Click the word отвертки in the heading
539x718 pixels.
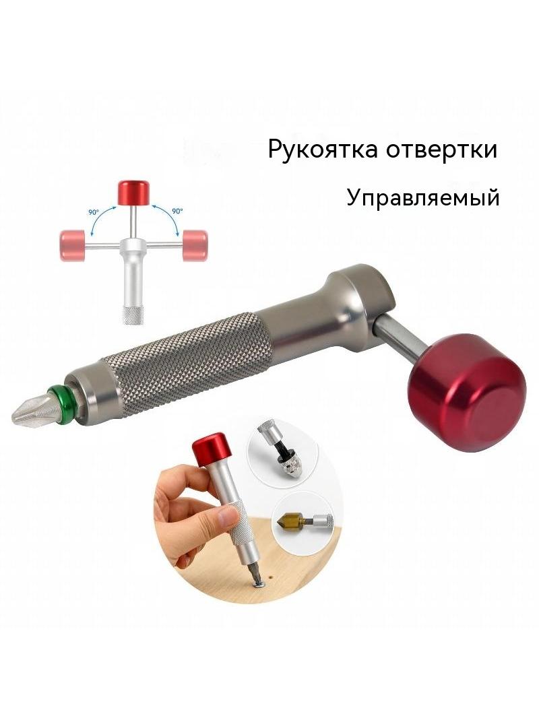[441, 150]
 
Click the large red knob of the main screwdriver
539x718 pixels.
[466, 393]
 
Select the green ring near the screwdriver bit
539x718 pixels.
[59, 401]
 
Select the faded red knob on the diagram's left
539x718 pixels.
[72, 244]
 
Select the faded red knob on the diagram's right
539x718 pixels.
[195, 245]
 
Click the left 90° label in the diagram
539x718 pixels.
[94, 212]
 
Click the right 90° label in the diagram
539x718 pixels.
[177, 211]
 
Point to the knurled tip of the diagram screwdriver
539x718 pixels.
[133, 315]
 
